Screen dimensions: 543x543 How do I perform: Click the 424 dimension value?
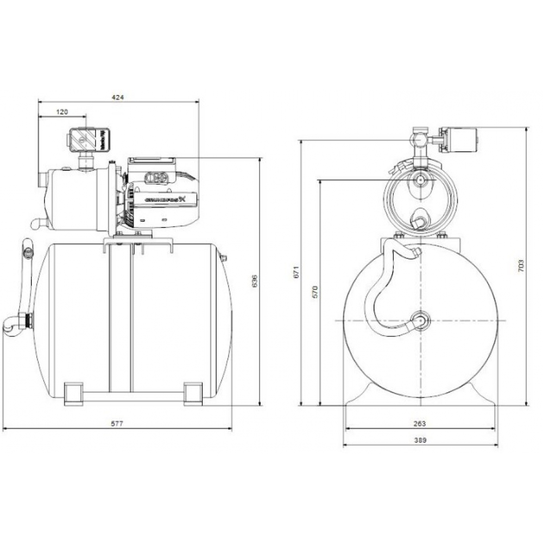tap(118, 97)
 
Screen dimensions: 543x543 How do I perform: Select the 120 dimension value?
tap(62, 112)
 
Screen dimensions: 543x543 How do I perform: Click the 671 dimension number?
tap(295, 273)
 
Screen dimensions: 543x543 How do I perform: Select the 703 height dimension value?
tap(521, 266)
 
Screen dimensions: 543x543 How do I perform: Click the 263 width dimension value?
tap(420, 424)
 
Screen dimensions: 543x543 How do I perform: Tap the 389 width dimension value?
tap(420, 442)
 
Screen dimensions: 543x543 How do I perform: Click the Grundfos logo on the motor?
tap(165, 199)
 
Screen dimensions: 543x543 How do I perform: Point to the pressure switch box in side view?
tap(88, 140)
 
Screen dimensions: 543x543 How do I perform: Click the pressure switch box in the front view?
tap(460, 140)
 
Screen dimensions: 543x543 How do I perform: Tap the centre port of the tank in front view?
tap(421, 320)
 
